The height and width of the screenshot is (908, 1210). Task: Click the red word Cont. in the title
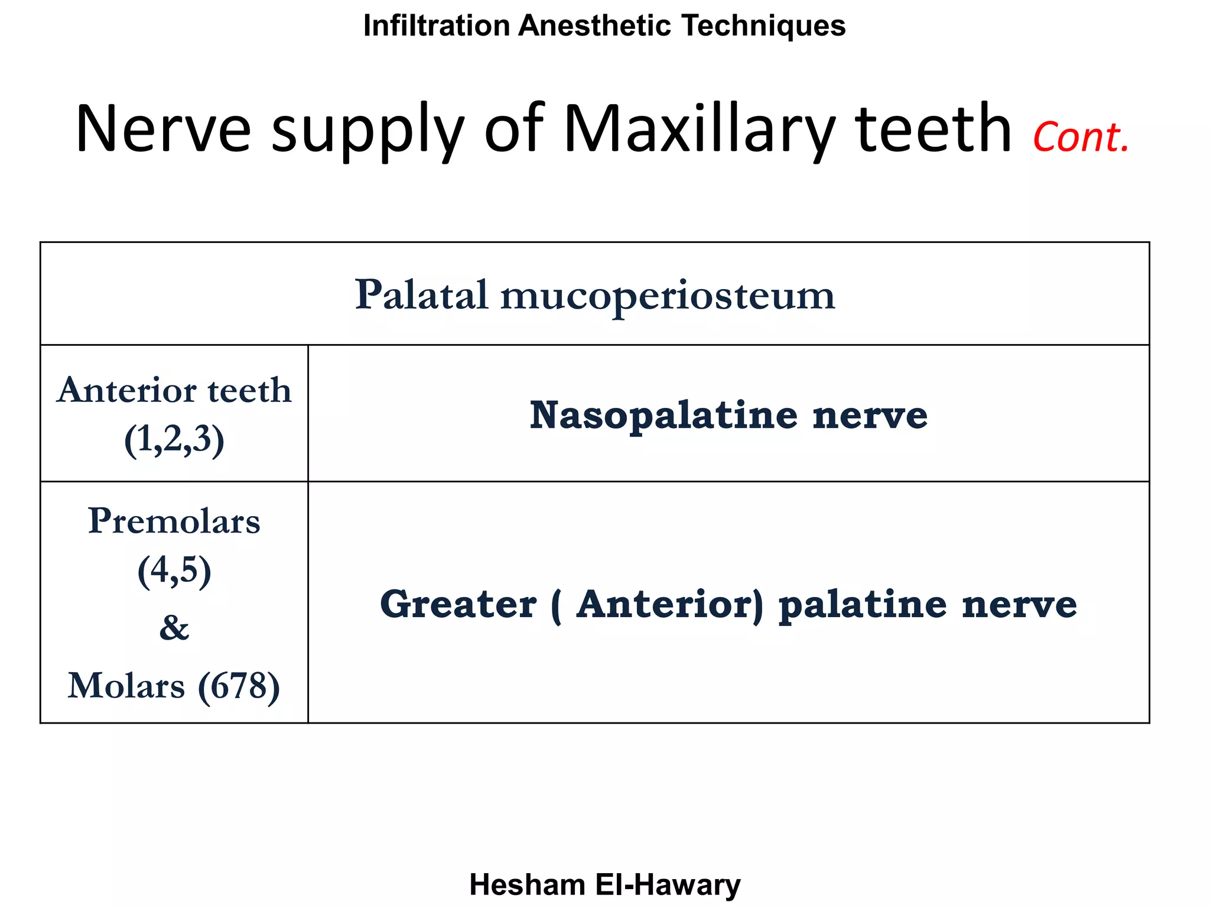(x=1081, y=137)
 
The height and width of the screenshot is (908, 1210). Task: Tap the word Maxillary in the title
(x=700, y=130)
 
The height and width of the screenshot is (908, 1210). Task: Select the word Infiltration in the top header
(x=437, y=26)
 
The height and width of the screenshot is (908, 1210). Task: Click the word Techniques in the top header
(x=763, y=26)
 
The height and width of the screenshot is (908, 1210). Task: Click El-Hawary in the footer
(x=668, y=885)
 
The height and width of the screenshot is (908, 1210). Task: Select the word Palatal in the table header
(x=421, y=294)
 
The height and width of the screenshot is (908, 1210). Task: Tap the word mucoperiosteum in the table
(x=668, y=296)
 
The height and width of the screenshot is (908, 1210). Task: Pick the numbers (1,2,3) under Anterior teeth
(x=174, y=440)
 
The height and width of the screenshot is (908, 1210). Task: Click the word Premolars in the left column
(x=174, y=521)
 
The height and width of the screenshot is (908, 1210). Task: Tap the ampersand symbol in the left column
(x=174, y=628)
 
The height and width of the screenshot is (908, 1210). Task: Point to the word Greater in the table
(x=458, y=604)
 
